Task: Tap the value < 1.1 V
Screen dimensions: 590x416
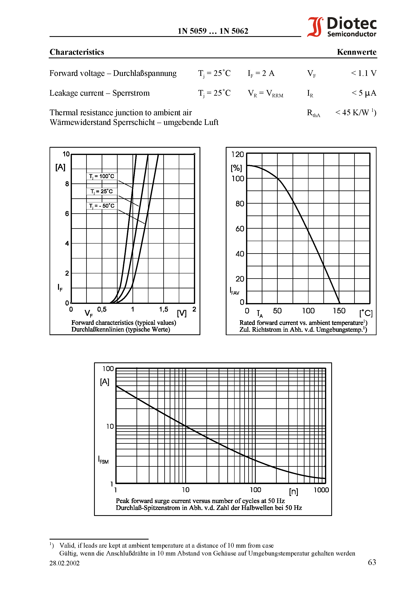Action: click(x=363, y=73)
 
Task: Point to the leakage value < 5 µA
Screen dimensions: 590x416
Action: click(x=364, y=93)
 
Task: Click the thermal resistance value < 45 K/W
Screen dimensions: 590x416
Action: click(x=355, y=113)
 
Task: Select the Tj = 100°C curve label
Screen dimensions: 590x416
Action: click(x=101, y=176)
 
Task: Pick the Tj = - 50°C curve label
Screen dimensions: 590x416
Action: click(x=101, y=206)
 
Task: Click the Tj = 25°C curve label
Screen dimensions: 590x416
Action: click(x=101, y=191)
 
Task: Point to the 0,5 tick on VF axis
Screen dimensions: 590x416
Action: click(x=102, y=309)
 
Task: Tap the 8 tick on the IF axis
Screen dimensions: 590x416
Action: click(x=67, y=184)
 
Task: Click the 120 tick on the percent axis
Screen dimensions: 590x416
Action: click(x=237, y=154)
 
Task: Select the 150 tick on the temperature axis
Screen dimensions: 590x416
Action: click(x=339, y=311)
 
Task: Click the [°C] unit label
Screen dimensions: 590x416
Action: click(x=366, y=313)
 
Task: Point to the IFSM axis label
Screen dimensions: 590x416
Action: click(x=103, y=460)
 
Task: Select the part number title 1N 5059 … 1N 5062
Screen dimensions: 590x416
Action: click(x=213, y=31)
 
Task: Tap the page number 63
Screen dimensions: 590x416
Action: click(x=372, y=563)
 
